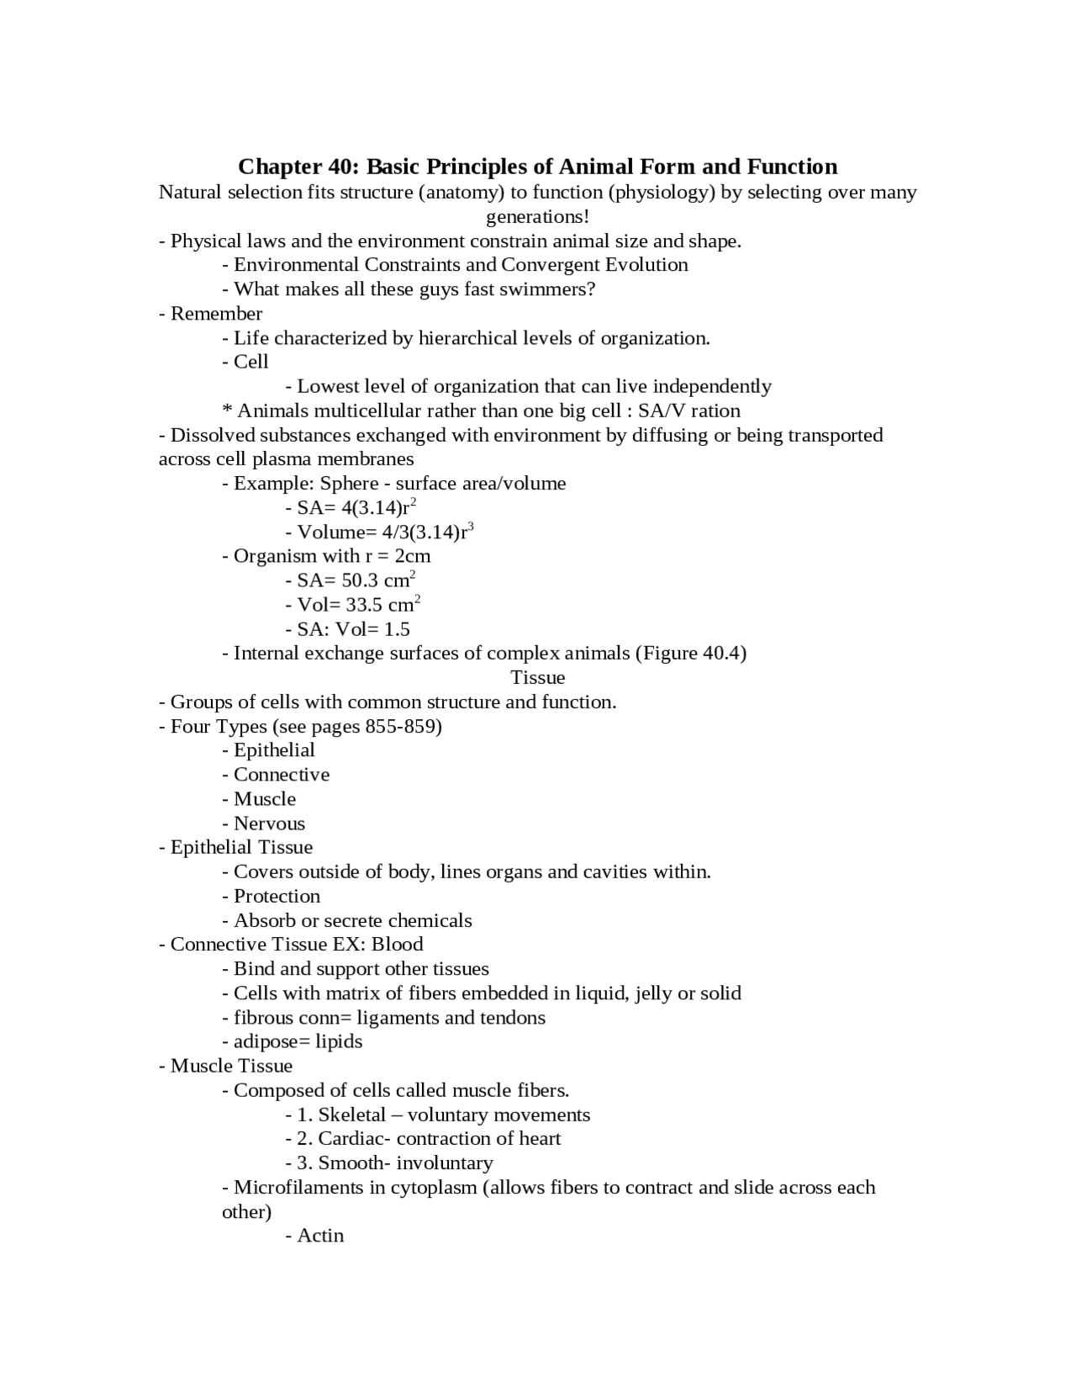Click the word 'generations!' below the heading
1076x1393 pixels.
538,217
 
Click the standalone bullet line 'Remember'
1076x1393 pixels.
216,314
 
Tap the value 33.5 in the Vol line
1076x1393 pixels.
364,606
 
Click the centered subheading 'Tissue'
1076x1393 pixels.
538,678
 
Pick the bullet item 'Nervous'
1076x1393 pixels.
269,824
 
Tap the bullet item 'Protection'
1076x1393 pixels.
277,897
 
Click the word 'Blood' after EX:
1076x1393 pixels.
398,945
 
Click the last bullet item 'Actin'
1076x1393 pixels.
320,1236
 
